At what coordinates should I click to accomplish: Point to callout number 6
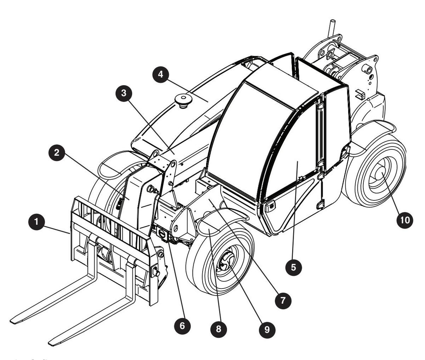(x=182, y=326)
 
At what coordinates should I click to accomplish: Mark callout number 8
(x=218, y=328)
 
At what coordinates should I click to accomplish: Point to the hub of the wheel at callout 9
(x=225, y=264)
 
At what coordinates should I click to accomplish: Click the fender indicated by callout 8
(x=212, y=227)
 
